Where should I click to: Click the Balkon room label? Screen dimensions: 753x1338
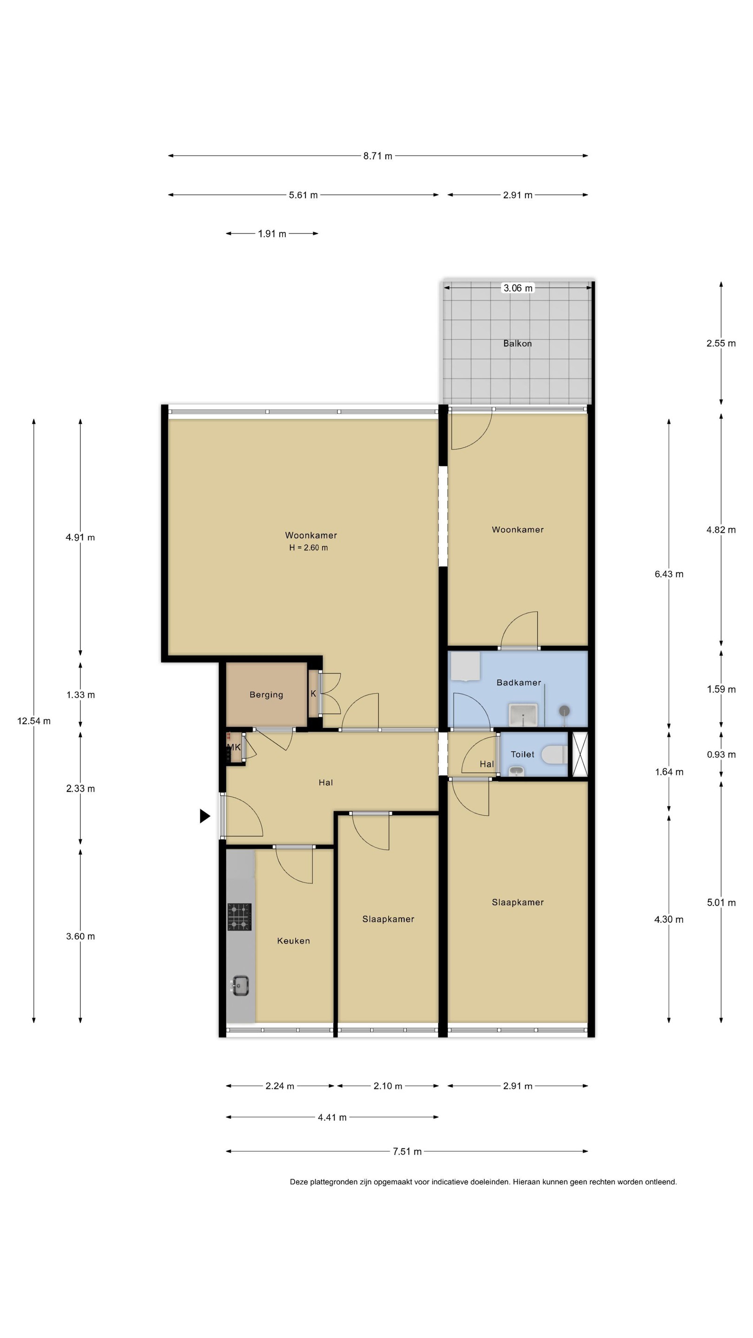click(x=517, y=343)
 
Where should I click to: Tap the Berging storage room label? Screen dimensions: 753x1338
click(x=266, y=695)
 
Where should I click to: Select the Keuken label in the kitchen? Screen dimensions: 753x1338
click(x=293, y=941)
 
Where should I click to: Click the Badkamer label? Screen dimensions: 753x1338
click(x=519, y=682)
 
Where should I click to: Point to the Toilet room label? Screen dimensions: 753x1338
click(x=522, y=754)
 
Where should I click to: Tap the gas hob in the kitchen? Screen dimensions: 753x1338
click(x=239, y=917)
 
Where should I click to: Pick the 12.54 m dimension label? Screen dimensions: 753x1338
click(x=34, y=721)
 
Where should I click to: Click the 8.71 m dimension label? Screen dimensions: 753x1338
click(x=378, y=156)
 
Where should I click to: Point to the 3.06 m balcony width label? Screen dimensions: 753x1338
click(x=518, y=288)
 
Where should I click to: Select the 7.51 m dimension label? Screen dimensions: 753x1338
click(x=407, y=1152)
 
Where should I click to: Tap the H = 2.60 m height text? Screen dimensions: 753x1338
click(x=308, y=547)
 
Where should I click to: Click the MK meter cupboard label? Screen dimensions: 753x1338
click(x=234, y=748)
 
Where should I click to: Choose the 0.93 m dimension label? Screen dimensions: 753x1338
click(x=721, y=754)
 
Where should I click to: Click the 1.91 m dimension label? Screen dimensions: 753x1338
click(x=272, y=234)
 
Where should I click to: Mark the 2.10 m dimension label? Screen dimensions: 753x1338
click(x=388, y=1086)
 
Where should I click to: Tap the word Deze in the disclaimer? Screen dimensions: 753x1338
click(x=299, y=1181)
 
